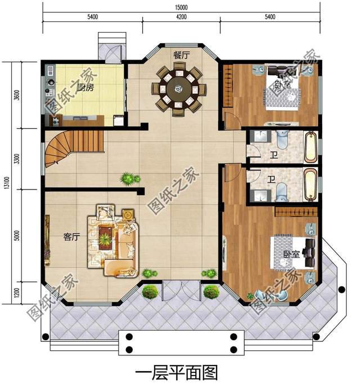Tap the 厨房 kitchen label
point(85,88)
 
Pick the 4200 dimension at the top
point(181,18)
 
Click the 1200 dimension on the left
point(17,292)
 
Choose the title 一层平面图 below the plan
point(177,373)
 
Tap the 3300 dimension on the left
point(17,159)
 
